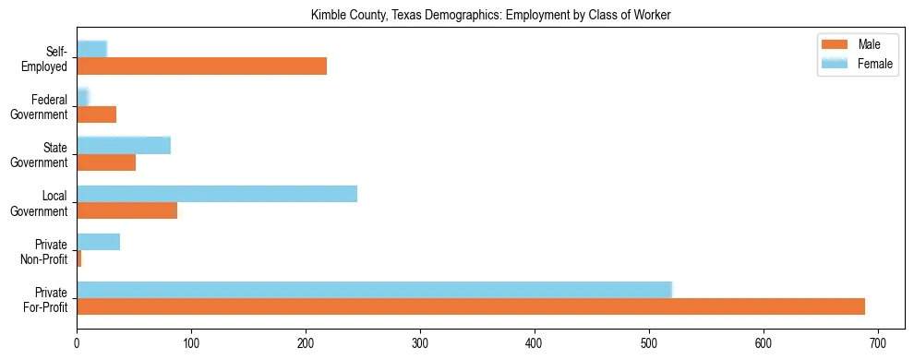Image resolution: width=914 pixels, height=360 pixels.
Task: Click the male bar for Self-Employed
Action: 201,66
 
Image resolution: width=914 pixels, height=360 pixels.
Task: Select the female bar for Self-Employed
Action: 92,49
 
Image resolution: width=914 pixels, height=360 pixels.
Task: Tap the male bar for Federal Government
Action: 96,114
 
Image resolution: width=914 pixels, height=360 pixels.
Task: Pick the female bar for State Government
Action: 124,145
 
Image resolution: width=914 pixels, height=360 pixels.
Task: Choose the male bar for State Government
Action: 106,162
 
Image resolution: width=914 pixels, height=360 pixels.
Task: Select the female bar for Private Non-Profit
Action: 98,242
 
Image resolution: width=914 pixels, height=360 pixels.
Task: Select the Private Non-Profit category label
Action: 47,251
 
